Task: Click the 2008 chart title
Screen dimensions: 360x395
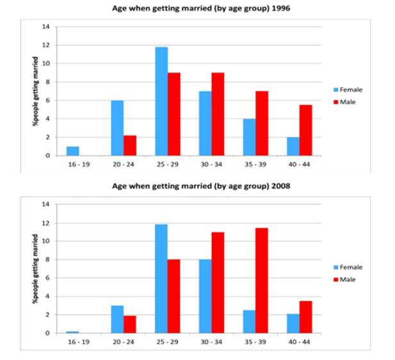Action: (198, 188)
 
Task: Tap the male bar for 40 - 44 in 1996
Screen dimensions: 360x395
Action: (305, 131)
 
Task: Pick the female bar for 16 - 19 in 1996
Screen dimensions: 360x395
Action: (74, 151)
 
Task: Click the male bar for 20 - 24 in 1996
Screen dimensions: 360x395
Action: (129, 145)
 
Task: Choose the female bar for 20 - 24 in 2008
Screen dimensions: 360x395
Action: (117, 319)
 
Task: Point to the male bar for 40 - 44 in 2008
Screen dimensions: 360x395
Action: (305, 317)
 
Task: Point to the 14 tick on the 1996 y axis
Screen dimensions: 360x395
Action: (45, 27)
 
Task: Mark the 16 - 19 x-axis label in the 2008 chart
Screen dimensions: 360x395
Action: (79, 342)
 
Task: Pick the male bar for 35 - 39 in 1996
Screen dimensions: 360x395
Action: (261, 124)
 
